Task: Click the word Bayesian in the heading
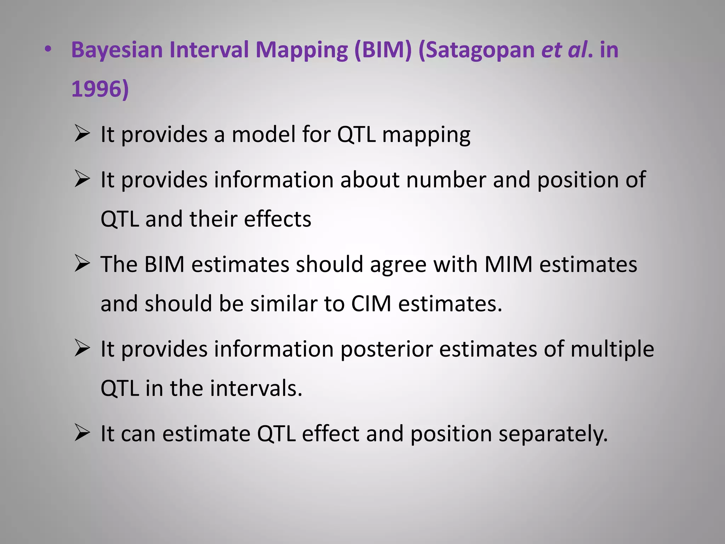point(117,50)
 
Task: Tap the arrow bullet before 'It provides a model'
point(82,135)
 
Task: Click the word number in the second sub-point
point(446,180)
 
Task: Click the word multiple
point(612,349)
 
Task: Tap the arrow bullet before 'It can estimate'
point(82,433)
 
